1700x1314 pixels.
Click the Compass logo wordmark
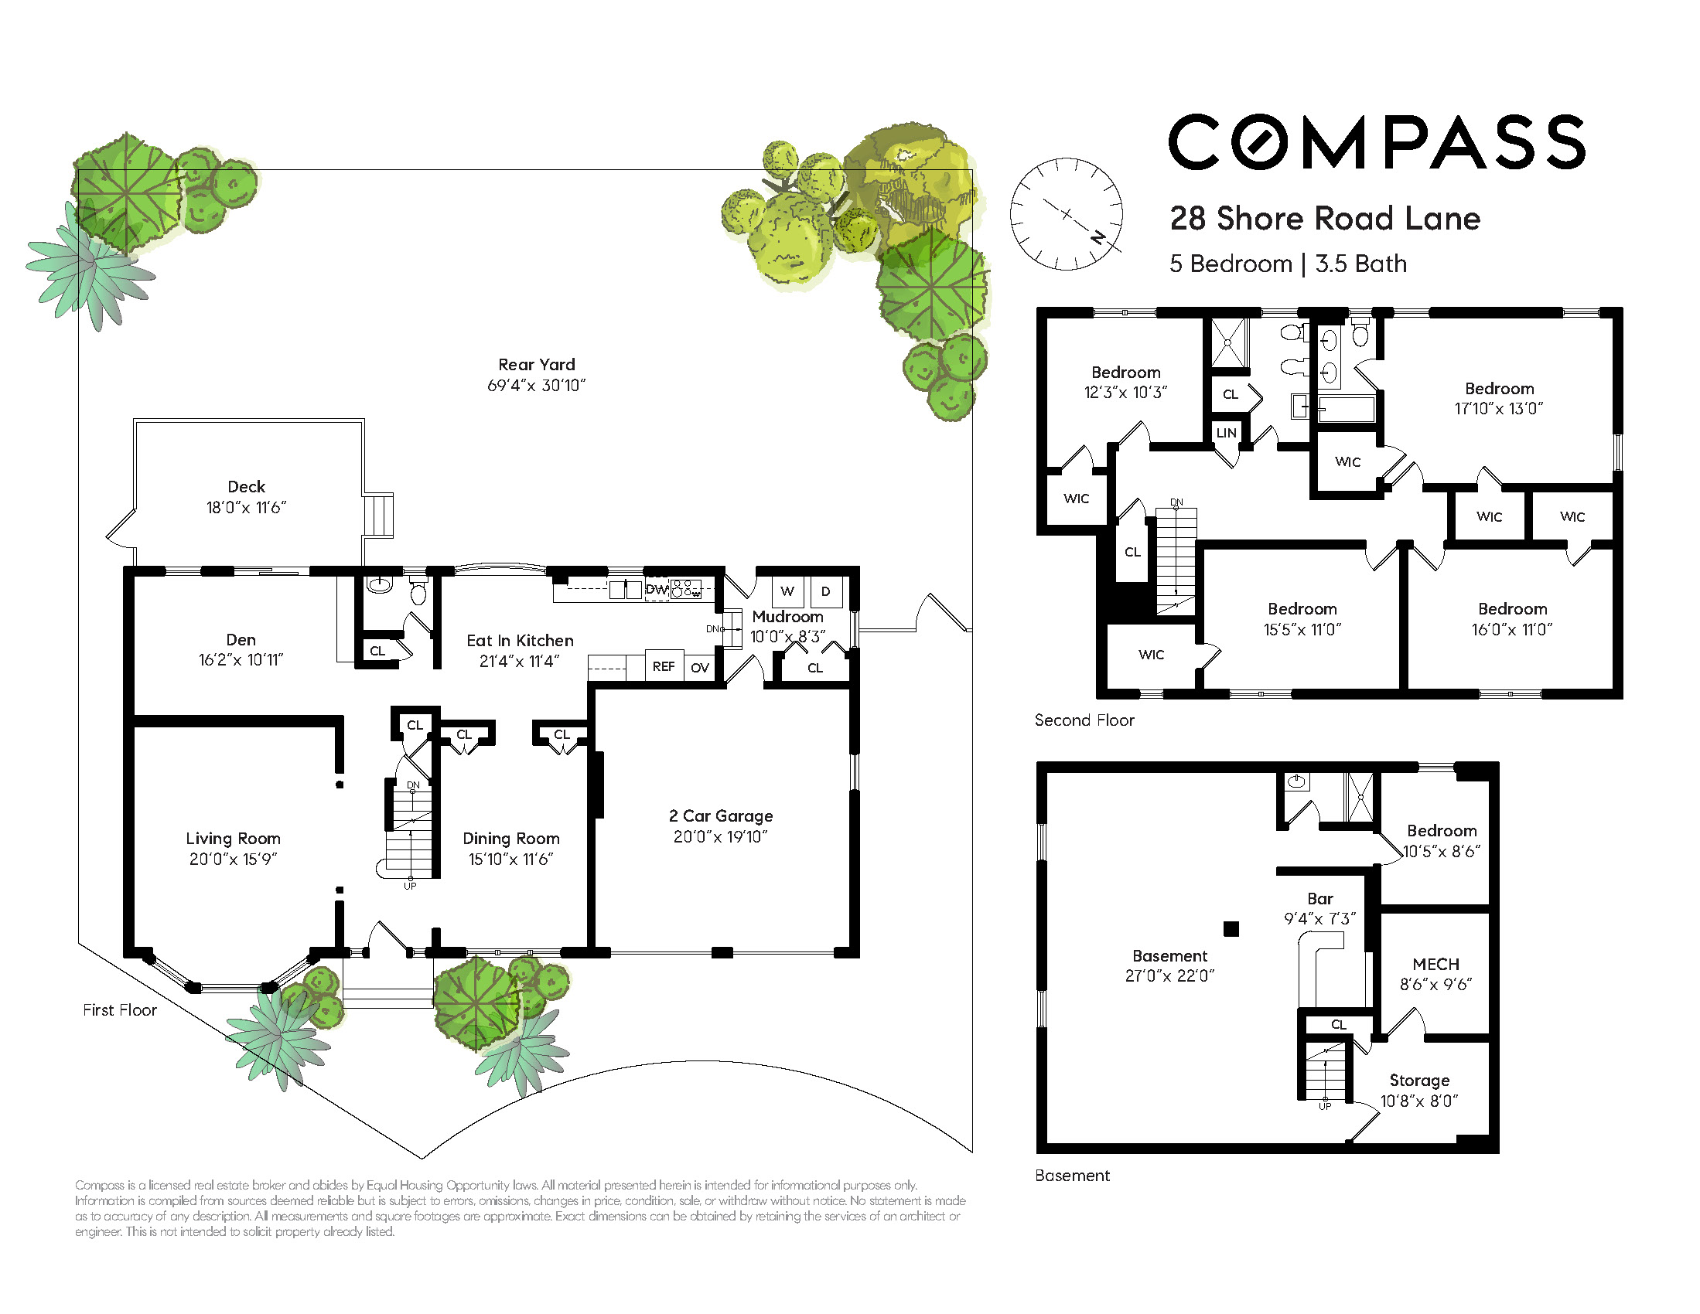1376,141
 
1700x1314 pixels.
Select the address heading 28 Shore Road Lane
1325,219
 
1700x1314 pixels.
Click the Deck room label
246,487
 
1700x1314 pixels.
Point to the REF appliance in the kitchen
664,666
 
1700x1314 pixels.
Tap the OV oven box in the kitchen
700,668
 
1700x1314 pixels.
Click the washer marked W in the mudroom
787,591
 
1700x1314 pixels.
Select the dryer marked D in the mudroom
826,591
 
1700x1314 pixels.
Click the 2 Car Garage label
721,816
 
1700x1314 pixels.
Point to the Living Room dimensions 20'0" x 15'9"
234,859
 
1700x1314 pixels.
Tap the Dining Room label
511,839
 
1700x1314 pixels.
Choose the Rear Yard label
536,365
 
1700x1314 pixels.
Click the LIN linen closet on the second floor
1227,433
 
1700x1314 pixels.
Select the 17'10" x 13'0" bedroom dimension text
1499,408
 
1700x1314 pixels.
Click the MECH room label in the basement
1436,965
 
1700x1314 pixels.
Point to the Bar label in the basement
1320,899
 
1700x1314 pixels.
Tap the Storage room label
1420,1081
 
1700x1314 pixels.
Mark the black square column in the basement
1231,928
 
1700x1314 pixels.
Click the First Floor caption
120,1009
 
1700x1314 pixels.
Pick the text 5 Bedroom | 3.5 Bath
1289,264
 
